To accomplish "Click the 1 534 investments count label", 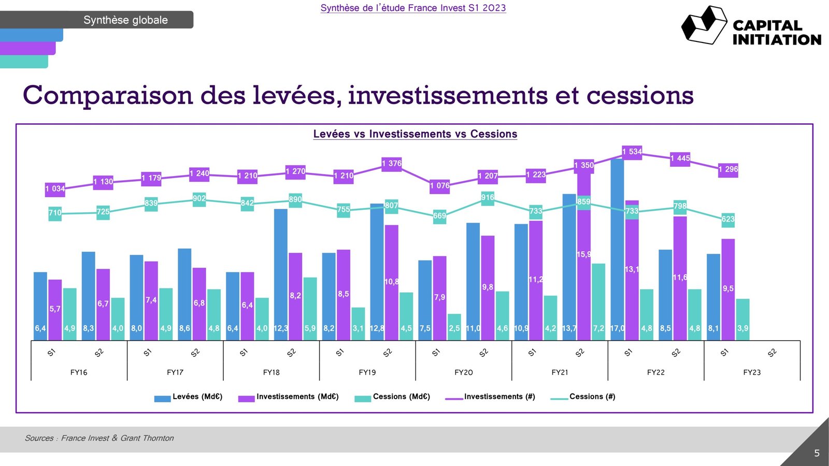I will coord(632,152).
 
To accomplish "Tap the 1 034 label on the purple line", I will coord(55,189).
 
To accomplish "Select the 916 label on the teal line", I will coord(488,198).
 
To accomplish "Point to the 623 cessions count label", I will coord(728,220).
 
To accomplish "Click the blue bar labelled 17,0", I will coord(617,249).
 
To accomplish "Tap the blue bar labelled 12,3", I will coord(280,274).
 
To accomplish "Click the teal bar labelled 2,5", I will coord(454,327).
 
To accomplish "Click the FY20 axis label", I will coord(463,372).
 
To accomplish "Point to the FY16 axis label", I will coord(79,372).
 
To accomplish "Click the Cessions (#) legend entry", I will coord(583,397).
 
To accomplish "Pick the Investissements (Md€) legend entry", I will coord(289,397).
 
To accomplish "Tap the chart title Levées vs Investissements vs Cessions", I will coord(415,134).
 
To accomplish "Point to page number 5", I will coord(817,453).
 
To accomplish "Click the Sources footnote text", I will coord(99,438).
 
